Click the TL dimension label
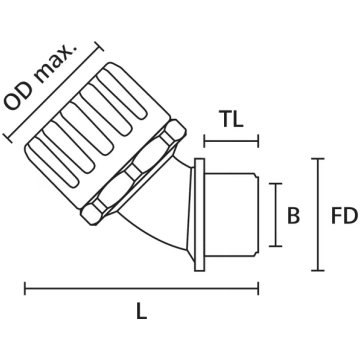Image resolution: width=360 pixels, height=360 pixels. coord(232,119)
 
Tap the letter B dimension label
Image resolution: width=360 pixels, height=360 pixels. coord(293,215)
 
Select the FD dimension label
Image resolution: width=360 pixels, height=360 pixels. coord(344,216)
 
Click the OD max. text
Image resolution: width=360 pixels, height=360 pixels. coord(40,77)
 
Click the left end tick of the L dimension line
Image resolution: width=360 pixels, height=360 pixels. coord(25,289)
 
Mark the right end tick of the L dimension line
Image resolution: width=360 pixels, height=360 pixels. coord(258,289)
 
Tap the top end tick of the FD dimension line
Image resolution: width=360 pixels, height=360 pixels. coord(318,159)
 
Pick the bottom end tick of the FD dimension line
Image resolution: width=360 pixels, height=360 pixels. coord(318,270)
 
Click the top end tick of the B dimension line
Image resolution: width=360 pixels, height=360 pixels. coord(276,184)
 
